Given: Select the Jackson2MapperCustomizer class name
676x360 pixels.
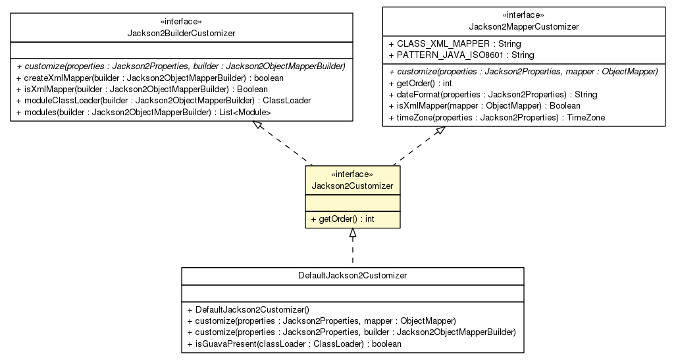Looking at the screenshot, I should [x=524, y=27].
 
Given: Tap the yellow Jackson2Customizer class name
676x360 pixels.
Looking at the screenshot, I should [x=352, y=186].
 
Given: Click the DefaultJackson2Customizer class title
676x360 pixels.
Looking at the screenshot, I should [x=352, y=275].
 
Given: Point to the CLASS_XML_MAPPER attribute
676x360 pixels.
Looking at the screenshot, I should [x=455, y=44].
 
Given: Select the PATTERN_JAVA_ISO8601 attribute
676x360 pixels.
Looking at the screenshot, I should [x=461, y=55].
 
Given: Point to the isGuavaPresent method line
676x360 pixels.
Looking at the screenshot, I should [x=294, y=344].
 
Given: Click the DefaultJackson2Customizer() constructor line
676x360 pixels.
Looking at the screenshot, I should [x=248, y=309].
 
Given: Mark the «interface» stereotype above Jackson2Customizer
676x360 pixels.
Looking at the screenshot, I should [x=352, y=174].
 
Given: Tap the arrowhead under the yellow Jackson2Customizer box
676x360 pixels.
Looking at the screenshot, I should [x=353, y=233].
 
